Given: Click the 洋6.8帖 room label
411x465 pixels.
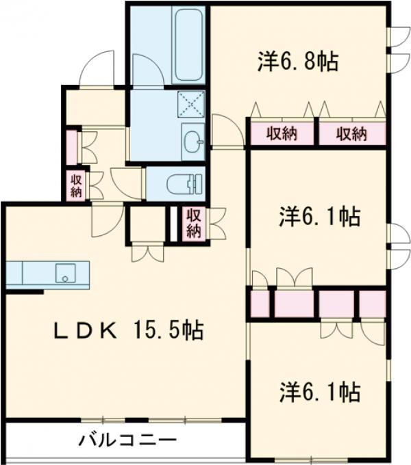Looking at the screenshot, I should click(297, 62).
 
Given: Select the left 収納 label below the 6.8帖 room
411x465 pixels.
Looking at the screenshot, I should click(282, 134).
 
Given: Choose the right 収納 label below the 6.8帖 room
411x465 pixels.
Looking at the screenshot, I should click(351, 134).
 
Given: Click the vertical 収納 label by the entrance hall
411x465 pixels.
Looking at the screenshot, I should click(75, 185).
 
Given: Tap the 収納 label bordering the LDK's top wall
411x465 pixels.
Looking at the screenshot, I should click(195, 224).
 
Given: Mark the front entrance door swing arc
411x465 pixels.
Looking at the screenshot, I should click(96, 68).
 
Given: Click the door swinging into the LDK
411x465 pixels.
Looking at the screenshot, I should click(106, 219).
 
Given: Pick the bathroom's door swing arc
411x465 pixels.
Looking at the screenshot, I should click(147, 71).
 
